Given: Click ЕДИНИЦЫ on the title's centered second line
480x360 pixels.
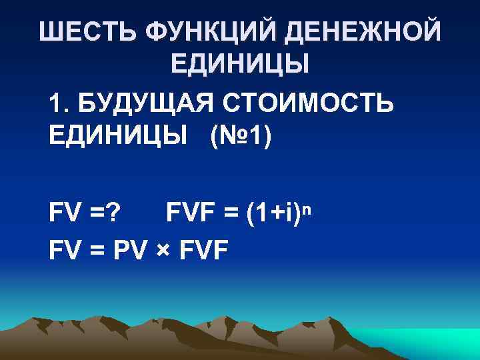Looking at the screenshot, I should [x=240, y=65].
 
